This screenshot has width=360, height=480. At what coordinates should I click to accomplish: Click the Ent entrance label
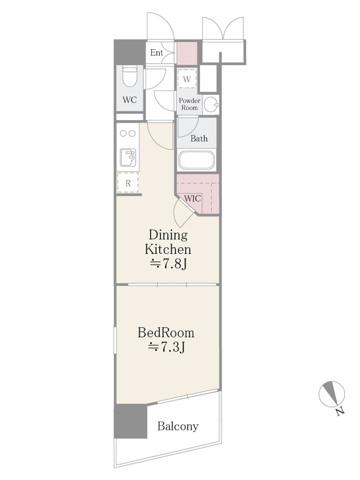157,53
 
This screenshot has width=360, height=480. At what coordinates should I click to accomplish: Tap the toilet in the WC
130,77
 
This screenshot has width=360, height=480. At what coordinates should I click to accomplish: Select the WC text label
130,100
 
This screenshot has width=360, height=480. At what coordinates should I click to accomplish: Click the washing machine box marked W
187,79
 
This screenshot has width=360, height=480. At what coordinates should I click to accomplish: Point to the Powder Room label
190,104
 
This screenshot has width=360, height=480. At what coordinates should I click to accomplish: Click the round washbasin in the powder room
211,104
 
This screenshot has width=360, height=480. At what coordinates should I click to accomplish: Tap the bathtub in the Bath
197,160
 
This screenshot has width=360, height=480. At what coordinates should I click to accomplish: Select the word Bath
199,139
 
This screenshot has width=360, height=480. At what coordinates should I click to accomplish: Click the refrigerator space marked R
128,183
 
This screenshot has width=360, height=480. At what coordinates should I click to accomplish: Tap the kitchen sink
128,158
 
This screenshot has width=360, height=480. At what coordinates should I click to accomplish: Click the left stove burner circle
124,133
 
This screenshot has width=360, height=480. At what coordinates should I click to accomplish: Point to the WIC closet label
193,199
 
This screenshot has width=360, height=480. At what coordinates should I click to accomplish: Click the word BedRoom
166,332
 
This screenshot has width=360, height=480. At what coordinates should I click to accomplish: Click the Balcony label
178,426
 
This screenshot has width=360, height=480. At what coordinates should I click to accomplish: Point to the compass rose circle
332,394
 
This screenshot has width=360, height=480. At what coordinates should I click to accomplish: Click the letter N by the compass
339,411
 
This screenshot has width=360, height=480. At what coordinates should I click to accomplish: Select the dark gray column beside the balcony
130,421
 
